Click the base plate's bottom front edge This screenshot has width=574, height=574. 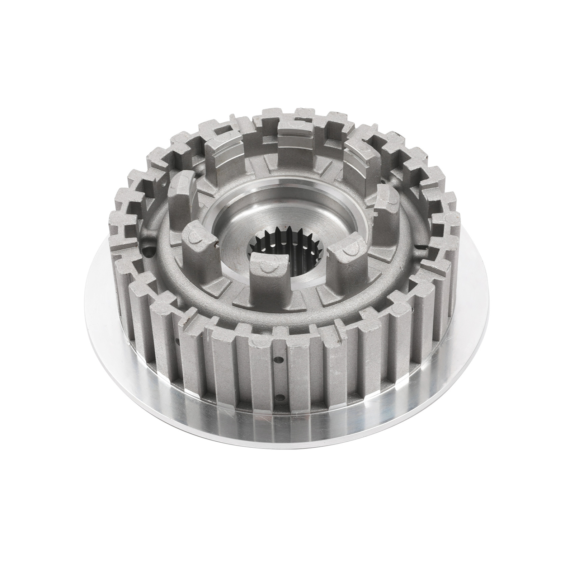[x=287, y=451]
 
